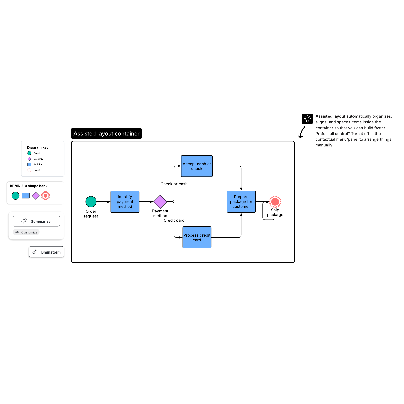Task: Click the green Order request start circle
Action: pyautogui.click(x=91, y=201)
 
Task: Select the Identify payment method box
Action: pyautogui.click(x=125, y=201)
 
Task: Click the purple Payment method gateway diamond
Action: pyautogui.click(x=160, y=201)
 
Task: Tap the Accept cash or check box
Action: pyautogui.click(x=197, y=166)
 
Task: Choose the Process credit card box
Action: pyautogui.click(x=197, y=237)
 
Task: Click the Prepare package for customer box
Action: pyautogui.click(x=241, y=201)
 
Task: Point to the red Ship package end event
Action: pyautogui.click(x=275, y=201)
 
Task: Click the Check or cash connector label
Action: pyautogui.click(x=174, y=184)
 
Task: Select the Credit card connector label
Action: pyautogui.click(x=174, y=220)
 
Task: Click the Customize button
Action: pyautogui.click(x=26, y=232)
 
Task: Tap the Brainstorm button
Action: pyautogui.click(x=46, y=252)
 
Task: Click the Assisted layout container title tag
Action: pyautogui.click(x=106, y=133)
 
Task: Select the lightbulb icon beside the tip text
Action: pyautogui.click(x=307, y=119)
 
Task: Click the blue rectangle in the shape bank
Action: pyautogui.click(x=26, y=196)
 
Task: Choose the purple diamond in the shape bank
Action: pyautogui.click(x=36, y=196)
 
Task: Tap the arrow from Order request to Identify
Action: pyautogui.click(x=103, y=202)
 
